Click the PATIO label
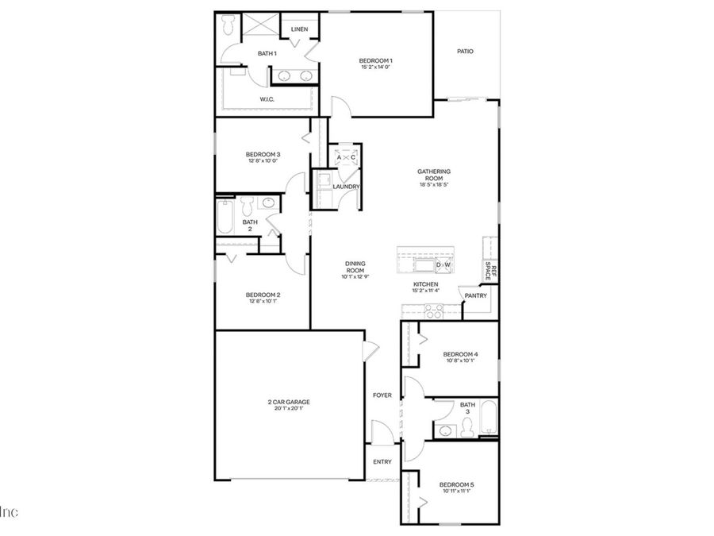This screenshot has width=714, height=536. [x=465, y=52]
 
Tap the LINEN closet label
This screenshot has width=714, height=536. [x=299, y=29]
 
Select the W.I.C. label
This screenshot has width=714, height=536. [x=267, y=99]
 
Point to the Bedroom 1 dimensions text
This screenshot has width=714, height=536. [x=376, y=67]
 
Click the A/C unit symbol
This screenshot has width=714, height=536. [x=346, y=157]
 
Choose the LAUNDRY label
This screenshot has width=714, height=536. [x=347, y=187]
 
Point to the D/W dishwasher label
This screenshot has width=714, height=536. [x=443, y=265]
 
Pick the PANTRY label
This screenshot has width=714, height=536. [x=476, y=295]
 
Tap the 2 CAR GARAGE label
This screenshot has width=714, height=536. [x=289, y=403]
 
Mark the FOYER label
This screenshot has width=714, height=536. [x=382, y=395]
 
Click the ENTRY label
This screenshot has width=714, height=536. [x=382, y=461]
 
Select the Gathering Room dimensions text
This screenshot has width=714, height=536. [x=434, y=184]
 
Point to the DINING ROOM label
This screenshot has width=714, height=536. [x=354, y=267]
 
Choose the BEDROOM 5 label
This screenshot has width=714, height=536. [x=458, y=484]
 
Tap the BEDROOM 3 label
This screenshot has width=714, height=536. [x=263, y=154]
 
